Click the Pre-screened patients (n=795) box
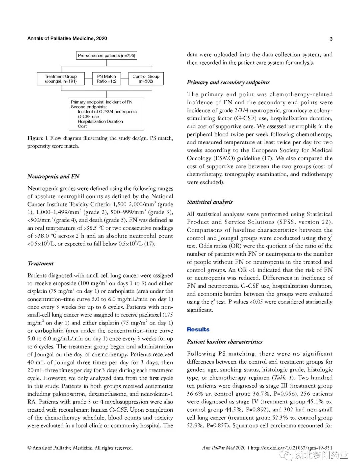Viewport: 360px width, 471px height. [x=106, y=56]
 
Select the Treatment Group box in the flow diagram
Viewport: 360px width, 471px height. [x=61, y=79]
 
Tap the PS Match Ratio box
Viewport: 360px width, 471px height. [x=107, y=79]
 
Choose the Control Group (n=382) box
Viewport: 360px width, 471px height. [x=146, y=79]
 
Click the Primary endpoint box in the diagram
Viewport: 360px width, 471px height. [x=106, y=114]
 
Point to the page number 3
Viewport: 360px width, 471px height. [x=331, y=39]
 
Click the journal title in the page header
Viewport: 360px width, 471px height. [x=67, y=38]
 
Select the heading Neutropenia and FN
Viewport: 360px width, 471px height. [x=53, y=177]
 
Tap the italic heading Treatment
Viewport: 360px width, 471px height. [x=40, y=263]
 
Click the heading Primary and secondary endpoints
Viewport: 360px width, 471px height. [x=228, y=82]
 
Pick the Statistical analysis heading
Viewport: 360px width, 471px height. [x=210, y=202]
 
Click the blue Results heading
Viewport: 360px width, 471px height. [x=198, y=329]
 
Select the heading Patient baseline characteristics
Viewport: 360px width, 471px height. [x=224, y=342]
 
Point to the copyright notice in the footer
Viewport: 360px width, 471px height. [x=80, y=448]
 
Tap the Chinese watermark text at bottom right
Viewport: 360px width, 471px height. [x=321, y=455]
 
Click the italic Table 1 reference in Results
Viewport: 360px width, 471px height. [x=279, y=378]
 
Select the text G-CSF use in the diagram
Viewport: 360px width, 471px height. [x=88, y=117]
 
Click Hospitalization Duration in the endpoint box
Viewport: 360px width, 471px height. [x=100, y=121]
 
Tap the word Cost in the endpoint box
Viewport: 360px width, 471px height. [x=82, y=126]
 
